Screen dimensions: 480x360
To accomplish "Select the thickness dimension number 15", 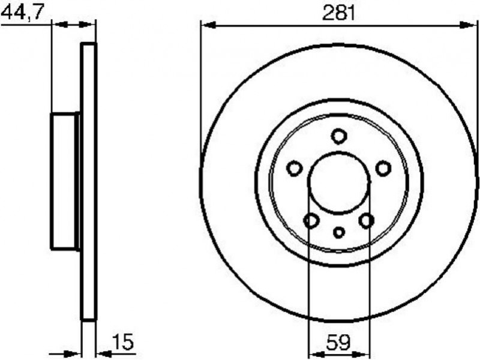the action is click(123, 342).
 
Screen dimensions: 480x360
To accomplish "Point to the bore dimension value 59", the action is click(338, 342).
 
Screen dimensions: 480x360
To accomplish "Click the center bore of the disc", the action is click(339, 182).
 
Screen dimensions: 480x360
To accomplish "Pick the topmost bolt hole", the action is click(339, 136).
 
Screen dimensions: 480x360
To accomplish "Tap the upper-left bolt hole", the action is click(295, 168).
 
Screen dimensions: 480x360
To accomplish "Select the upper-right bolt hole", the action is click(383, 168).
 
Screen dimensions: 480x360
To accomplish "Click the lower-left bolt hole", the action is click(311, 220).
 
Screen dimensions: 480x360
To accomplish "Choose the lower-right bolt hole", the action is click(367, 220).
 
